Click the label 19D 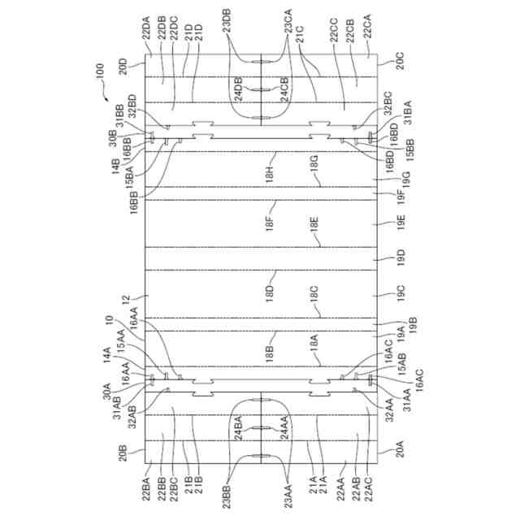pyautogui.click(x=399, y=258)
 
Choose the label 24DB pyautogui.click(x=237, y=87)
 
